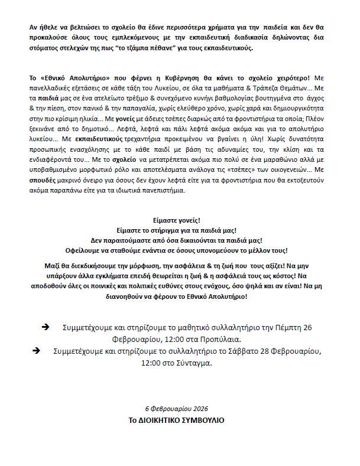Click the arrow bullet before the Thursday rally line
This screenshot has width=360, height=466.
pos(46,327)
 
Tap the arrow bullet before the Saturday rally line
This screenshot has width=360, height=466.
pos(37,350)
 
